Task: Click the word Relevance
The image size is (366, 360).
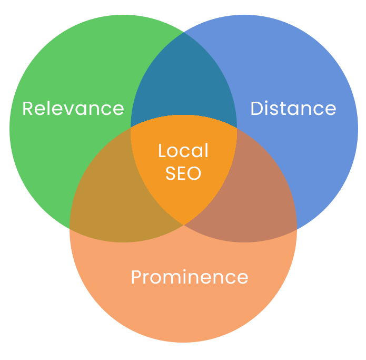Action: coord(73,109)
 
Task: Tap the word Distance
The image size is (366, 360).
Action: coord(293,109)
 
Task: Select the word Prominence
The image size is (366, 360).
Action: coord(189,277)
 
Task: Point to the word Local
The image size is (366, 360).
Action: coord(183,151)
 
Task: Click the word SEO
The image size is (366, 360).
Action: coord(183,173)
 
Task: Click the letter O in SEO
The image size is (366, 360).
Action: coord(194,173)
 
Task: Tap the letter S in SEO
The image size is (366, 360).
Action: coord(171,173)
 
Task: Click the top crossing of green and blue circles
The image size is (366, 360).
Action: coord(183,33)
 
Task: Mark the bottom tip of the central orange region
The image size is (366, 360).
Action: coord(183,225)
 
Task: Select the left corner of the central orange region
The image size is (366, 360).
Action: coord(131,128)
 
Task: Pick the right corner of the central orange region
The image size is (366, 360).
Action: coord(236,128)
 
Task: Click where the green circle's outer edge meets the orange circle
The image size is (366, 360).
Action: coord(70,228)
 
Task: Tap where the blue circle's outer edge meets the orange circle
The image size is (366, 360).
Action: coord(296,229)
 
